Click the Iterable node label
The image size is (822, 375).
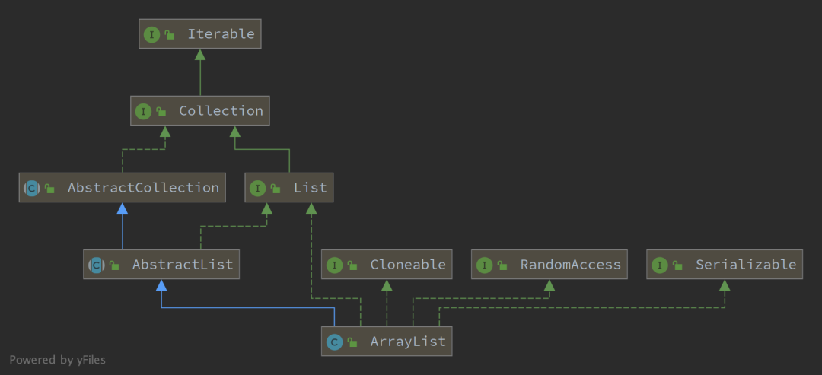(221, 34)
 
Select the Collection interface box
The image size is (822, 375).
(200, 111)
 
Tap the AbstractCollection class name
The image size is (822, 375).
(143, 187)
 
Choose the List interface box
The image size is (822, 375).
(289, 187)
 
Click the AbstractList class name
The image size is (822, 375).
(183, 265)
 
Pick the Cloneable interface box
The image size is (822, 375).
(387, 265)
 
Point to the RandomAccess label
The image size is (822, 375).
(570, 265)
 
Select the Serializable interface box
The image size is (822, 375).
(725, 265)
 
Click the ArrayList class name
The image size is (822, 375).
(407, 342)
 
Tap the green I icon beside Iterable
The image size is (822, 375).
(151, 34)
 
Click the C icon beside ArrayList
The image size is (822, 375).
(334, 342)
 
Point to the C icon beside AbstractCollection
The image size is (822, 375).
(31, 188)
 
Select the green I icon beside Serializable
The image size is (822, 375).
(659, 265)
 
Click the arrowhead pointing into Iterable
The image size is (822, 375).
(200, 55)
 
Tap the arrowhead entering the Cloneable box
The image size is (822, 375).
(387, 285)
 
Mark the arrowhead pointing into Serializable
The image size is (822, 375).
(725, 285)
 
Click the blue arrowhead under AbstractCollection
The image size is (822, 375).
(122, 208)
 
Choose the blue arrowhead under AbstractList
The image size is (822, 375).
(161, 285)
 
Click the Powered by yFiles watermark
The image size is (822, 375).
(57, 360)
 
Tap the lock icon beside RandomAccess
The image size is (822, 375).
(503, 265)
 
